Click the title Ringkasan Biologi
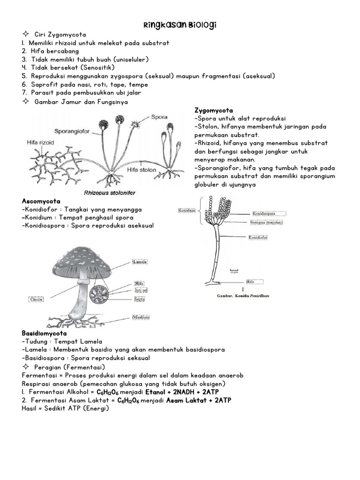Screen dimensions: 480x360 click(180, 24)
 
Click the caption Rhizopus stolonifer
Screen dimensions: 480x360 click(106, 192)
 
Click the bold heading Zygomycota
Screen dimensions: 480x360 click(213, 110)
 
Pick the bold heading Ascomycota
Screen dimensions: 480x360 click(41, 201)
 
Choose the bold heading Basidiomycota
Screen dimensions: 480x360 click(45, 333)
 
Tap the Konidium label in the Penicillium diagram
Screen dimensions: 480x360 click(187, 210)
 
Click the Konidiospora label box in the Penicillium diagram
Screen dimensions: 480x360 click(264, 213)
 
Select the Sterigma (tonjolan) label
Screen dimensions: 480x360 click(265, 222)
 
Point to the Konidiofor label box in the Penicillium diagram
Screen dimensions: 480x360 click(258, 238)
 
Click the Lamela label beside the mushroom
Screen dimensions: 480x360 click(140, 262)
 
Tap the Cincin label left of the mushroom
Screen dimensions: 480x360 click(36, 299)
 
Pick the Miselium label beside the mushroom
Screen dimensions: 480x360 click(141, 317)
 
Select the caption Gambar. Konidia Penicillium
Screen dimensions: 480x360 click(243, 296)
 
